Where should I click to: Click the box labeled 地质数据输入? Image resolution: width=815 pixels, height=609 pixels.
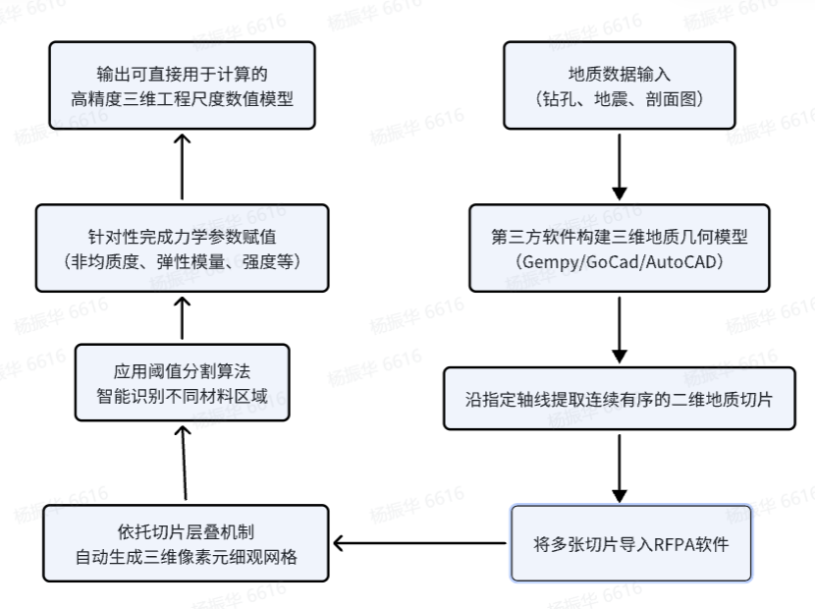click(x=619, y=85)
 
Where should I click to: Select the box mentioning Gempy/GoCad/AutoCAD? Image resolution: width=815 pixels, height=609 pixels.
click(x=619, y=249)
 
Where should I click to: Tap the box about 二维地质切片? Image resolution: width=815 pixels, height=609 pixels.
click(x=619, y=399)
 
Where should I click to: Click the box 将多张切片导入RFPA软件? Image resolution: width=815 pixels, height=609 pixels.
click(x=631, y=543)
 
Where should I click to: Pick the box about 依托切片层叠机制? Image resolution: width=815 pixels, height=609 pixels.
click(x=186, y=543)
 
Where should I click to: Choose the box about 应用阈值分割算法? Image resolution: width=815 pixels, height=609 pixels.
click(x=182, y=382)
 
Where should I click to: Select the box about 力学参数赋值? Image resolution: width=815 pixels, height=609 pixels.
click(x=182, y=249)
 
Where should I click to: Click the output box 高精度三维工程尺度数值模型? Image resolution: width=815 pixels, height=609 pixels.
click(x=182, y=85)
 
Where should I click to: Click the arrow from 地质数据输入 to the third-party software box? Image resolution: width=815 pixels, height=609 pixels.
click(x=619, y=166)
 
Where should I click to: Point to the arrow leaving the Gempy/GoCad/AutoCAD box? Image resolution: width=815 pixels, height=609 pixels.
click(x=619, y=330)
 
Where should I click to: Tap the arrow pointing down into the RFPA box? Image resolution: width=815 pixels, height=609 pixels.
click(x=619, y=469)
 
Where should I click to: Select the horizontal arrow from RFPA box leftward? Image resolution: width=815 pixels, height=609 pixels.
click(x=419, y=543)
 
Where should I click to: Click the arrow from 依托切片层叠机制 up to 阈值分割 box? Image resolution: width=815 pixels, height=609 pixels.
click(x=184, y=463)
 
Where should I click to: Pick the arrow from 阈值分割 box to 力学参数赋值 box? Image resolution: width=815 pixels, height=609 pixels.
click(x=182, y=318)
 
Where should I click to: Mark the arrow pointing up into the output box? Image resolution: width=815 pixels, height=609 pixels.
click(x=182, y=166)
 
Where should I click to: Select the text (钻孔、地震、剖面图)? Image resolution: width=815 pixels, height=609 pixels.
click(x=619, y=99)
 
